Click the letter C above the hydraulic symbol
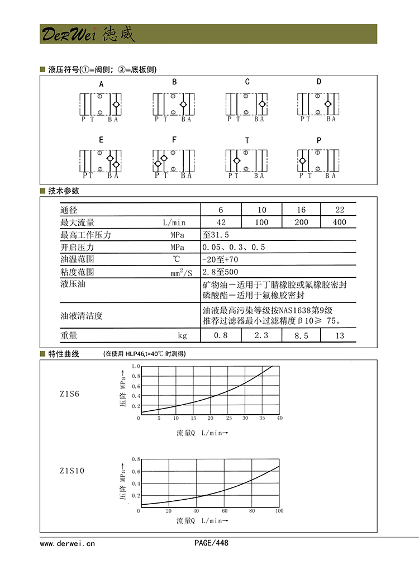click(x=247, y=82)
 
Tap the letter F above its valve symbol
click(x=174, y=140)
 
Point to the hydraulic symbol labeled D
click(x=319, y=104)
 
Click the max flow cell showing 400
click(x=339, y=222)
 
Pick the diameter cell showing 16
click(x=302, y=210)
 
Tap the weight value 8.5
click(x=302, y=335)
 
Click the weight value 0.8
click(x=221, y=335)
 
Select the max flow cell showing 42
click(x=221, y=222)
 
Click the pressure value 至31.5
click(x=216, y=235)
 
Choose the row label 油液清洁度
click(x=82, y=316)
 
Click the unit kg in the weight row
click(x=182, y=336)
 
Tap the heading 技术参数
click(x=64, y=191)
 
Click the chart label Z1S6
click(x=69, y=394)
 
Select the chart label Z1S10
click(x=72, y=471)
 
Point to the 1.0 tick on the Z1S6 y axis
click(x=135, y=366)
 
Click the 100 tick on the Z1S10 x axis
click(x=279, y=511)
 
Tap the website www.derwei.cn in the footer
click(x=68, y=543)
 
